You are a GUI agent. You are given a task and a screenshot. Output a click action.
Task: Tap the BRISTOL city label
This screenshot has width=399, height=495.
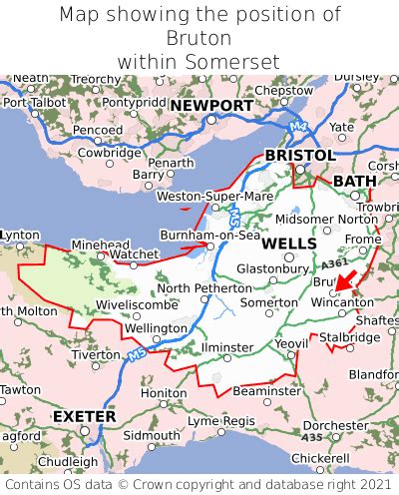point(299,155)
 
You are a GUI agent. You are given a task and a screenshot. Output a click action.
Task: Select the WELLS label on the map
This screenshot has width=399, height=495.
point(289,244)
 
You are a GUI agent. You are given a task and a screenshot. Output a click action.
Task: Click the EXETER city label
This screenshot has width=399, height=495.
point(84,415)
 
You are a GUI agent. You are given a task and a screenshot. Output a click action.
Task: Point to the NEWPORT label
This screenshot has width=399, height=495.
point(211,105)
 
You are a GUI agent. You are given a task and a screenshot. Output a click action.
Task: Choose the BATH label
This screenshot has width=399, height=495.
point(355,181)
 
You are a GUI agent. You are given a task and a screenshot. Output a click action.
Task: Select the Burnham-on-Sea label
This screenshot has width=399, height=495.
point(210,235)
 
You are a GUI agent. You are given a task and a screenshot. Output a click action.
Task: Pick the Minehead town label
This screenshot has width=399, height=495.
point(100,244)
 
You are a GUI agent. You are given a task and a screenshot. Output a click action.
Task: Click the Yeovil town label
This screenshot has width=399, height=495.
point(292,344)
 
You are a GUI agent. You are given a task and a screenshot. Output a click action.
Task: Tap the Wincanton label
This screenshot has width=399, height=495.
point(342,301)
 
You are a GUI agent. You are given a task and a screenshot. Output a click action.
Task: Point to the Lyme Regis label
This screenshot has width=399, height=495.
point(222,421)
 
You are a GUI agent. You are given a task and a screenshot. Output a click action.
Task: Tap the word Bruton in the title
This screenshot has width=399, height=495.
point(199,38)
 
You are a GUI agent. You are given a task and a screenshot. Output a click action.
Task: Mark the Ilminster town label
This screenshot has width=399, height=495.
point(226,347)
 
